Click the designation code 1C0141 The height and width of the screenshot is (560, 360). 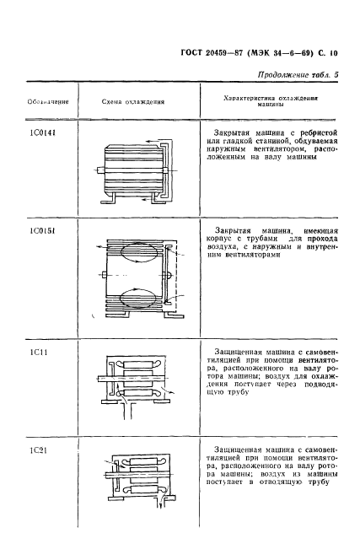[x=40, y=132]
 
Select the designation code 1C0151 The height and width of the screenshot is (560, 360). [x=40, y=229]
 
